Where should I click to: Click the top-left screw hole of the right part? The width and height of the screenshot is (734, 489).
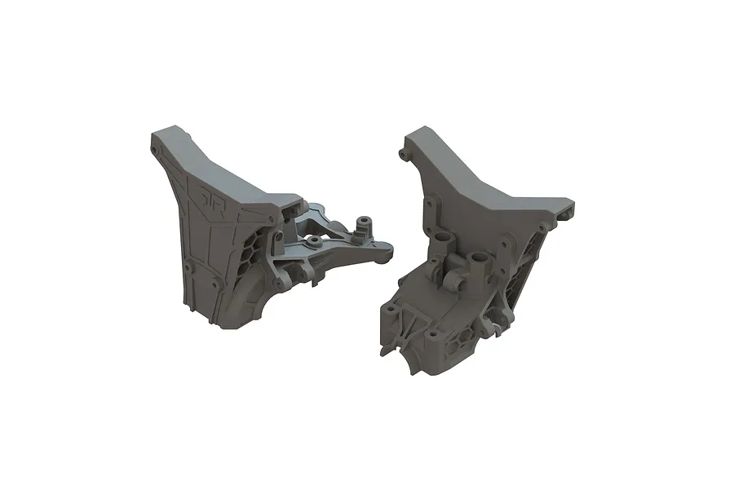403,153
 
